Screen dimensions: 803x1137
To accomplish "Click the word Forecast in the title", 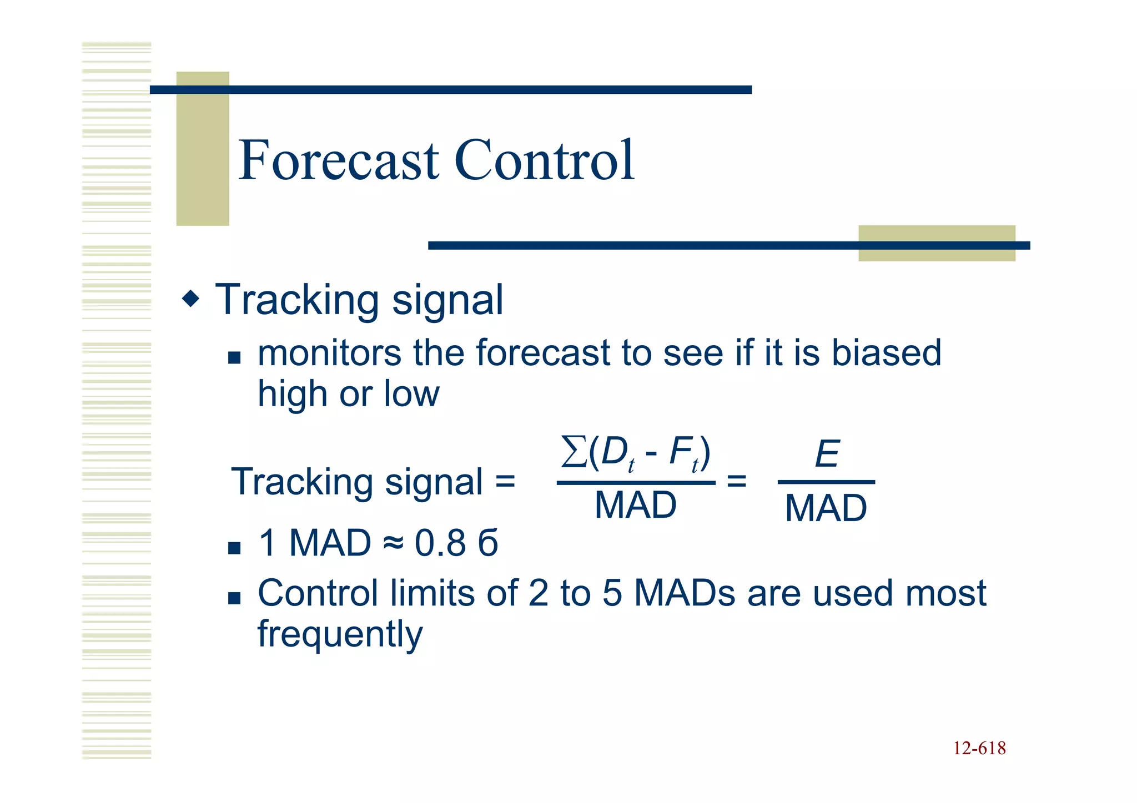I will tap(339, 161).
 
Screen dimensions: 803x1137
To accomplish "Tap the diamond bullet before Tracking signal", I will tap(190, 300).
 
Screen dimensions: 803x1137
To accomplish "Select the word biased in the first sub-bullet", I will tap(886, 353).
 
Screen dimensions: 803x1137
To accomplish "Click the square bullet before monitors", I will tap(234, 357).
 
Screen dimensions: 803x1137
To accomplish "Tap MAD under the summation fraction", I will tap(636, 506).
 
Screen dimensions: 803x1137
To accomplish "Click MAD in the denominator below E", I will tap(826, 508).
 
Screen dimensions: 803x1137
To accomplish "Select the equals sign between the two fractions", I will tap(736, 481).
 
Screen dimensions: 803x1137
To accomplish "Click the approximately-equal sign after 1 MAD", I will tap(393, 544).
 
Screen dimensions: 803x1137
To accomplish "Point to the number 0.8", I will tap(440, 543).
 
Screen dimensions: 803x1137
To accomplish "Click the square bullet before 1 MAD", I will tap(234, 548).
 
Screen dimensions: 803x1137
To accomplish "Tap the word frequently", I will tap(340, 634).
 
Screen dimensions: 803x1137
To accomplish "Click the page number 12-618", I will tap(979, 749).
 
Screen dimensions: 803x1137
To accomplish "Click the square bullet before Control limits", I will tap(234, 598).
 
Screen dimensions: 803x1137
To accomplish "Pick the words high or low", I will tap(348, 395).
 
